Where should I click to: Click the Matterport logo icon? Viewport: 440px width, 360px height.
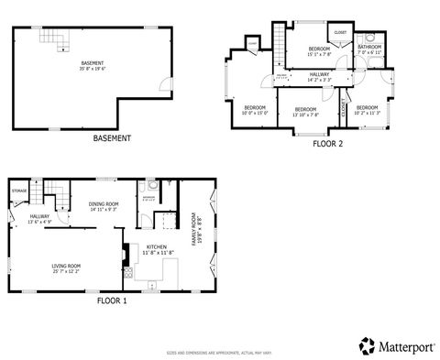click(x=366, y=344)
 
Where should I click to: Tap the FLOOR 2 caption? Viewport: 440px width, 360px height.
click(x=327, y=144)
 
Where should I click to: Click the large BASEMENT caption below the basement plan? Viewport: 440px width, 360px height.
click(x=112, y=138)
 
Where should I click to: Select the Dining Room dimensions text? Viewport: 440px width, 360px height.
click(x=104, y=210)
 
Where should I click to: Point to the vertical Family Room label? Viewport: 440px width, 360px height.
click(x=194, y=230)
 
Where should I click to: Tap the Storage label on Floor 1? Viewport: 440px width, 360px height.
click(x=18, y=191)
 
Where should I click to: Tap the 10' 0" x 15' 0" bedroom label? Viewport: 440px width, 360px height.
click(x=255, y=108)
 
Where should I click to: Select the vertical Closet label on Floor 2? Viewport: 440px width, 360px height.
click(x=344, y=107)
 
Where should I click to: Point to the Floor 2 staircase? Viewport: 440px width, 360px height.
click(x=276, y=45)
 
